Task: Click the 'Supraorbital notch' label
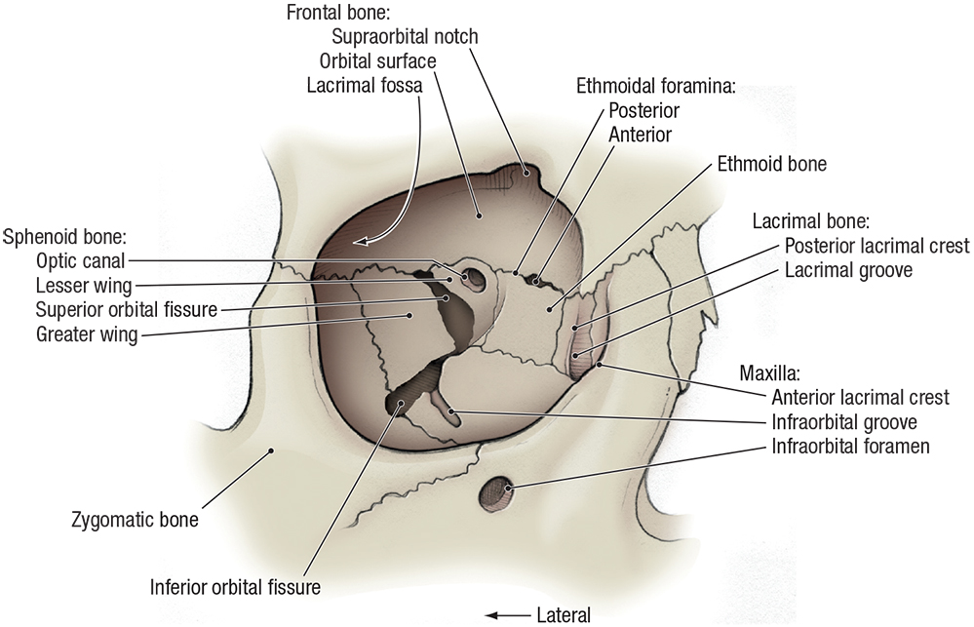pyautogui.click(x=405, y=37)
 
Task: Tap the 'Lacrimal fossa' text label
pyautogui.click(x=364, y=85)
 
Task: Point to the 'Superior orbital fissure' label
pyautogui.click(x=126, y=310)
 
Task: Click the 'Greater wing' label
pyautogui.click(x=86, y=335)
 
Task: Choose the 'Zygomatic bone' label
pyautogui.click(x=135, y=520)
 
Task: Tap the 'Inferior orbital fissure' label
pyautogui.click(x=235, y=588)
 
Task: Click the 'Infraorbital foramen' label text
pyautogui.click(x=849, y=448)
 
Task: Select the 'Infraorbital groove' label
pyautogui.click(x=843, y=422)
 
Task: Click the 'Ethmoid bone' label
pyautogui.click(x=771, y=164)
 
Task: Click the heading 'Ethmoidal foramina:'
pyautogui.click(x=655, y=85)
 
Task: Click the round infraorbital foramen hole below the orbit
pyautogui.click(x=494, y=490)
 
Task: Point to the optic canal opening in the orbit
pyautogui.click(x=475, y=277)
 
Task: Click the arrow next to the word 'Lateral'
pyautogui.click(x=506, y=615)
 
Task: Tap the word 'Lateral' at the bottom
pyautogui.click(x=564, y=615)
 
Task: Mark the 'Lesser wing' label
pyautogui.click(x=83, y=286)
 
